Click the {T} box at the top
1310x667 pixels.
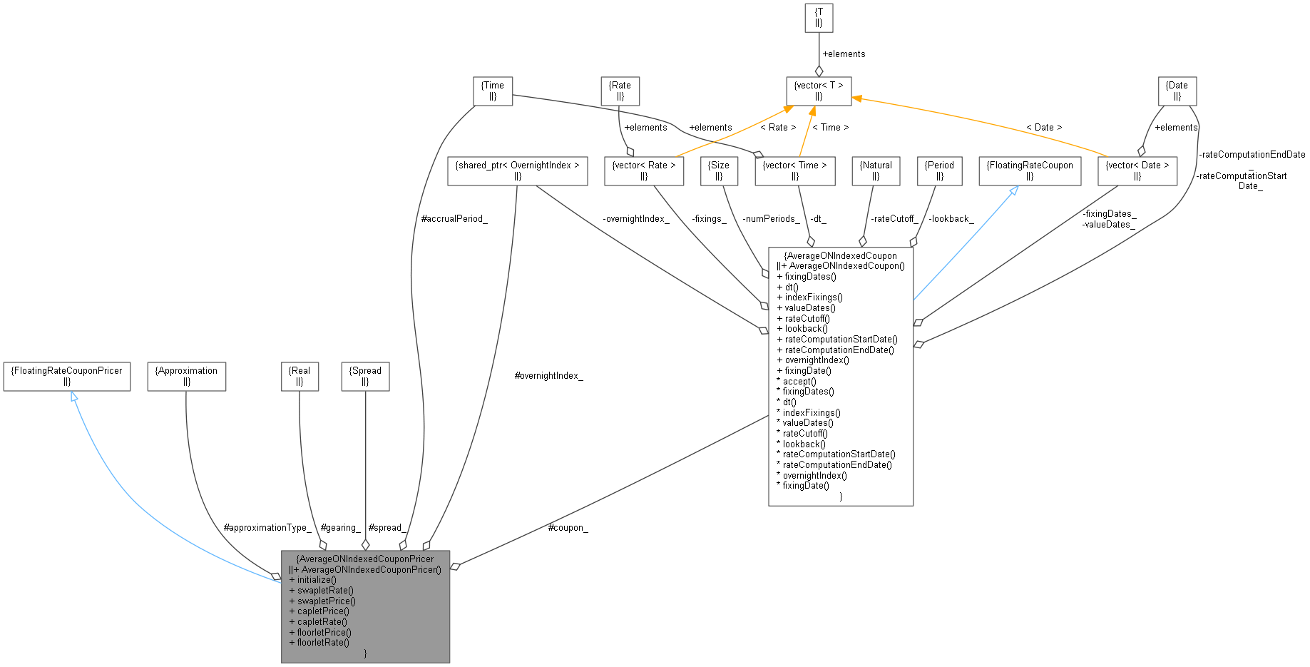819,18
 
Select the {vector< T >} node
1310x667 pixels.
819,91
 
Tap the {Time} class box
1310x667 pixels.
493,91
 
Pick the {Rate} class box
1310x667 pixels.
620,91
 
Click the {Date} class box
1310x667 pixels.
1177,91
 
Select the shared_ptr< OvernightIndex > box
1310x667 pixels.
518,170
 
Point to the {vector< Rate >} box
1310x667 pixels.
644,170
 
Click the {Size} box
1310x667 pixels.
719,170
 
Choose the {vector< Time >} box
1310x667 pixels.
795,170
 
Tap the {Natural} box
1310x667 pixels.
876,170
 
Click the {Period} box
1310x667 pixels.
940,170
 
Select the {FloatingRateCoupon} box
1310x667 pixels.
1030,170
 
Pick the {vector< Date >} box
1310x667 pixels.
1137,170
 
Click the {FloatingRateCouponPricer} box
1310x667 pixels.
67,376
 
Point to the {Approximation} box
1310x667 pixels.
187,376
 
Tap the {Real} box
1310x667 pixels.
300,376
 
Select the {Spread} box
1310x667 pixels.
365,376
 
